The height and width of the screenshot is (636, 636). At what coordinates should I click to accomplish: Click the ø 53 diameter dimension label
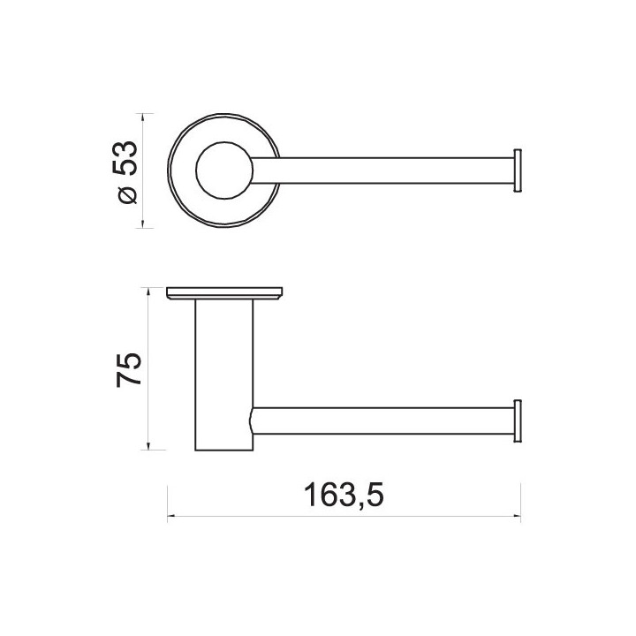coord(125,171)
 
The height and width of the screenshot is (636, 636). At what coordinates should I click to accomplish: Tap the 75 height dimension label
coord(129,370)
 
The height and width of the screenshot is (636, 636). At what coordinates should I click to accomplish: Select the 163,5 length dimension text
coord(343,495)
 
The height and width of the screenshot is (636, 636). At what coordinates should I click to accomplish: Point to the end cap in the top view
coord(518,170)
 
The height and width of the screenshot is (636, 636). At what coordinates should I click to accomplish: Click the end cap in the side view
coord(518,421)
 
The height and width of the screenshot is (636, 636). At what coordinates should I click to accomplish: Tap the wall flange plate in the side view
coord(224,293)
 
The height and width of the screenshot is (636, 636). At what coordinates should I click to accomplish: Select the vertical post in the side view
coord(224,375)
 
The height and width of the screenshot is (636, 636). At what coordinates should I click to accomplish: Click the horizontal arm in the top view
coord(382,170)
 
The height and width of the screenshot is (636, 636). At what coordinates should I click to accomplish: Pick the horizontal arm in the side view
coord(382,421)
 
